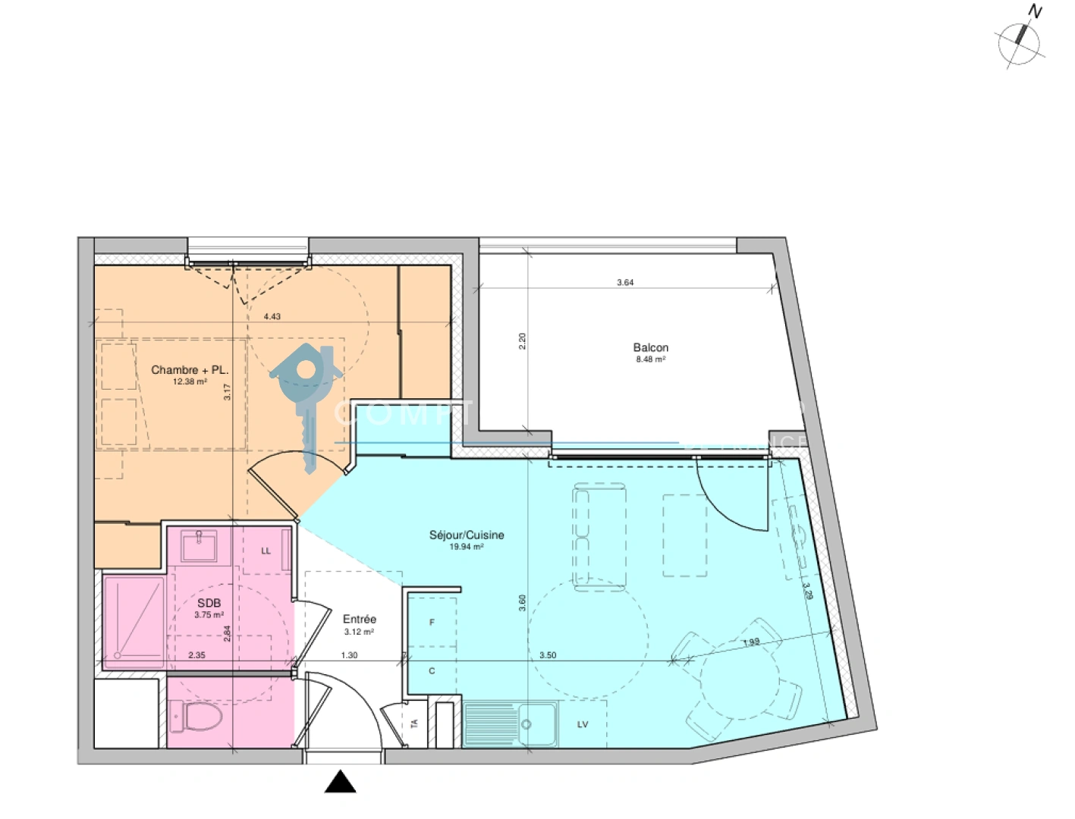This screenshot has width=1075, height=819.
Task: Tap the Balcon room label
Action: tap(650, 348)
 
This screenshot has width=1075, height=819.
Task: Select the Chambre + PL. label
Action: tap(190, 370)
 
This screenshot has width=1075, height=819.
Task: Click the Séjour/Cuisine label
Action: tap(467, 535)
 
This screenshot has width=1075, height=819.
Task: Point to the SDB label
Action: tap(209, 603)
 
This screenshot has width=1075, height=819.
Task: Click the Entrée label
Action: tap(359, 619)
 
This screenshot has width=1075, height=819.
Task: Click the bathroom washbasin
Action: tap(200, 544)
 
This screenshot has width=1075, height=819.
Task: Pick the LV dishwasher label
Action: tap(583, 725)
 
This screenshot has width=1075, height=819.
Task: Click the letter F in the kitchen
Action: tap(432, 623)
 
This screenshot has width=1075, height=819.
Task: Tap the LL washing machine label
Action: tap(266, 551)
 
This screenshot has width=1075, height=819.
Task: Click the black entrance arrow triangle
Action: tap(341, 782)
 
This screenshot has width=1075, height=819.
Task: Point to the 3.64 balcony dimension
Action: tap(625, 282)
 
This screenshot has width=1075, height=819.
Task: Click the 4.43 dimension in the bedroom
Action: tap(272, 316)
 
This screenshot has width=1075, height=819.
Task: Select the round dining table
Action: tap(739, 682)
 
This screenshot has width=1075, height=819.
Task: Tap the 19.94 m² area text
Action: tap(467, 547)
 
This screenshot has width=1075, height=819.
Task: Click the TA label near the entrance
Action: tap(414, 724)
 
